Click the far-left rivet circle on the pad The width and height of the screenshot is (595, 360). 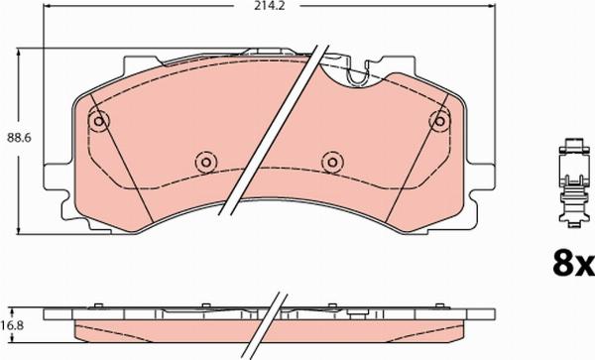pos(97,122)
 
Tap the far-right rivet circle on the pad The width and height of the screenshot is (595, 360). pos(439,121)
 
